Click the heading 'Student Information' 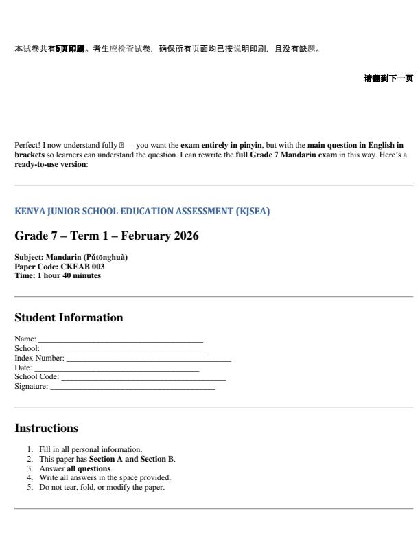point(69,318)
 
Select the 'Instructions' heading point(46,428)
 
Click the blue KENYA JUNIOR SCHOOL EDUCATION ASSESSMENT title point(142,212)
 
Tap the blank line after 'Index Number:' point(148,358)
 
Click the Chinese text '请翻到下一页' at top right point(388,79)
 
